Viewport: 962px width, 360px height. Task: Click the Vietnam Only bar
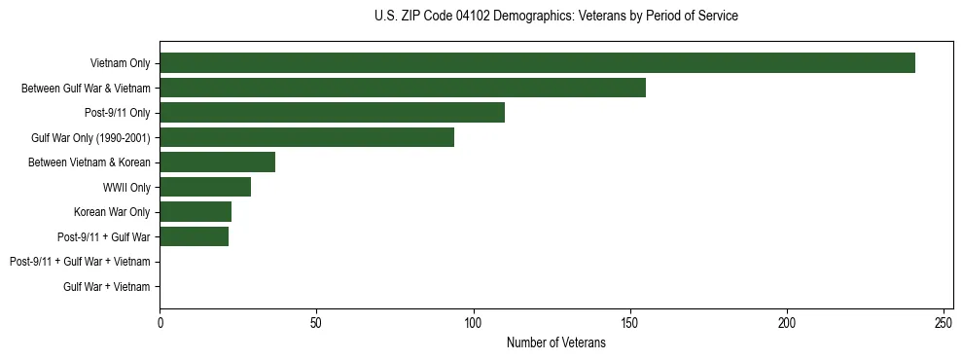pyautogui.click(x=537, y=63)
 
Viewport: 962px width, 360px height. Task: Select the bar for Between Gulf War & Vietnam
pyautogui.click(x=403, y=88)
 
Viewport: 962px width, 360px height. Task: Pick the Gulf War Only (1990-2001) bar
pyautogui.click(x=306, y=137)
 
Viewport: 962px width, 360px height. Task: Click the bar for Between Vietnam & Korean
pyautogui.click(x=217, y=162)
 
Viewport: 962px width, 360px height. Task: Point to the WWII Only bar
pyautogui.click(x=205, y=187)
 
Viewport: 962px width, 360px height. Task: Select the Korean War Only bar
pyautogui.click(x=196, y=212)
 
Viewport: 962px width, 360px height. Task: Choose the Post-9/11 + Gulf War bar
pyautogui.click(x=194, y=236)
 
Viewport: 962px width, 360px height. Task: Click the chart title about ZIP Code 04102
pyautogui.click(x=555, y=17)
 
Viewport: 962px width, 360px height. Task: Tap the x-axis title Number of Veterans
pyautogui.click(x=555, y=343)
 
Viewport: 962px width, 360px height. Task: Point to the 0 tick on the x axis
pyautogui.click(x=160, y=322)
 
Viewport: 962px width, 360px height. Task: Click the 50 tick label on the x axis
pyautogui.click(x=316, y=322)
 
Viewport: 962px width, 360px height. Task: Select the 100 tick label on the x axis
pyautogui.click(x=473, y=322)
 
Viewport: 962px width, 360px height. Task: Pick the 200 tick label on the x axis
pyautogui.click(x=787, y=322)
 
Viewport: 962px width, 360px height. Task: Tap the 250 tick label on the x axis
pyautogui.click(x=944, y=322)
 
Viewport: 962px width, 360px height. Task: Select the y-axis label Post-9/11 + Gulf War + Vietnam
pyautogui.click(x=80, y=262)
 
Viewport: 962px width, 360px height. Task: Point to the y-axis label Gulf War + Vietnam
pyautogui.click(x=107, y=286)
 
